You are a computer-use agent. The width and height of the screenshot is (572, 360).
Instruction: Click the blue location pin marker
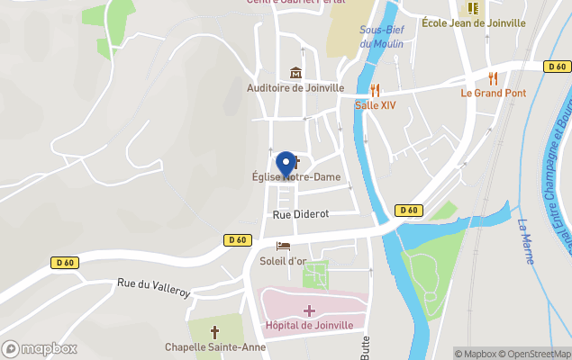pos(286,164)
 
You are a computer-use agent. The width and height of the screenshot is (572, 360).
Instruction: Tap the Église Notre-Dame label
pos(296,177)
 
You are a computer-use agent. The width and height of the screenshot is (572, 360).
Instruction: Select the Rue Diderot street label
pos(301,214)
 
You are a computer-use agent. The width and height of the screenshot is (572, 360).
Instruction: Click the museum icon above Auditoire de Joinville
pos(295,73)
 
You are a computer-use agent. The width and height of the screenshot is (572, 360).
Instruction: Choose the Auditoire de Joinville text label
pos(295,88)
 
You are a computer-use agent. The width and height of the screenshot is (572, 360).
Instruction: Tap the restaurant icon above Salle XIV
pos(375,90)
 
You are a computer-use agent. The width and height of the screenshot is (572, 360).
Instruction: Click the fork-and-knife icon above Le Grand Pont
pos(492,78)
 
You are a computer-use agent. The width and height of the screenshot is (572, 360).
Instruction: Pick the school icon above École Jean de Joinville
pos(473,9)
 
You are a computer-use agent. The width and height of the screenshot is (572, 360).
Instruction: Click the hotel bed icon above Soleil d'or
pos(283,246)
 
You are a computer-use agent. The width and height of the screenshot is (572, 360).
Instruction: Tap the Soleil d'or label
pos(283,261)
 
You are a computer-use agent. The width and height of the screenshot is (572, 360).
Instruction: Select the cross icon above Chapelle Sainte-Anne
pos(215,331)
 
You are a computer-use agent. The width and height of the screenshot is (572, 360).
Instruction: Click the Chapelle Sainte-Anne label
pos(215,347)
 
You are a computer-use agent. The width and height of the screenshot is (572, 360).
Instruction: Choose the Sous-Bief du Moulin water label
pos(381,36)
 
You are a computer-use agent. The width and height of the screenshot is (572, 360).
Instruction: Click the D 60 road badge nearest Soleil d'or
pos(237,239)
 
